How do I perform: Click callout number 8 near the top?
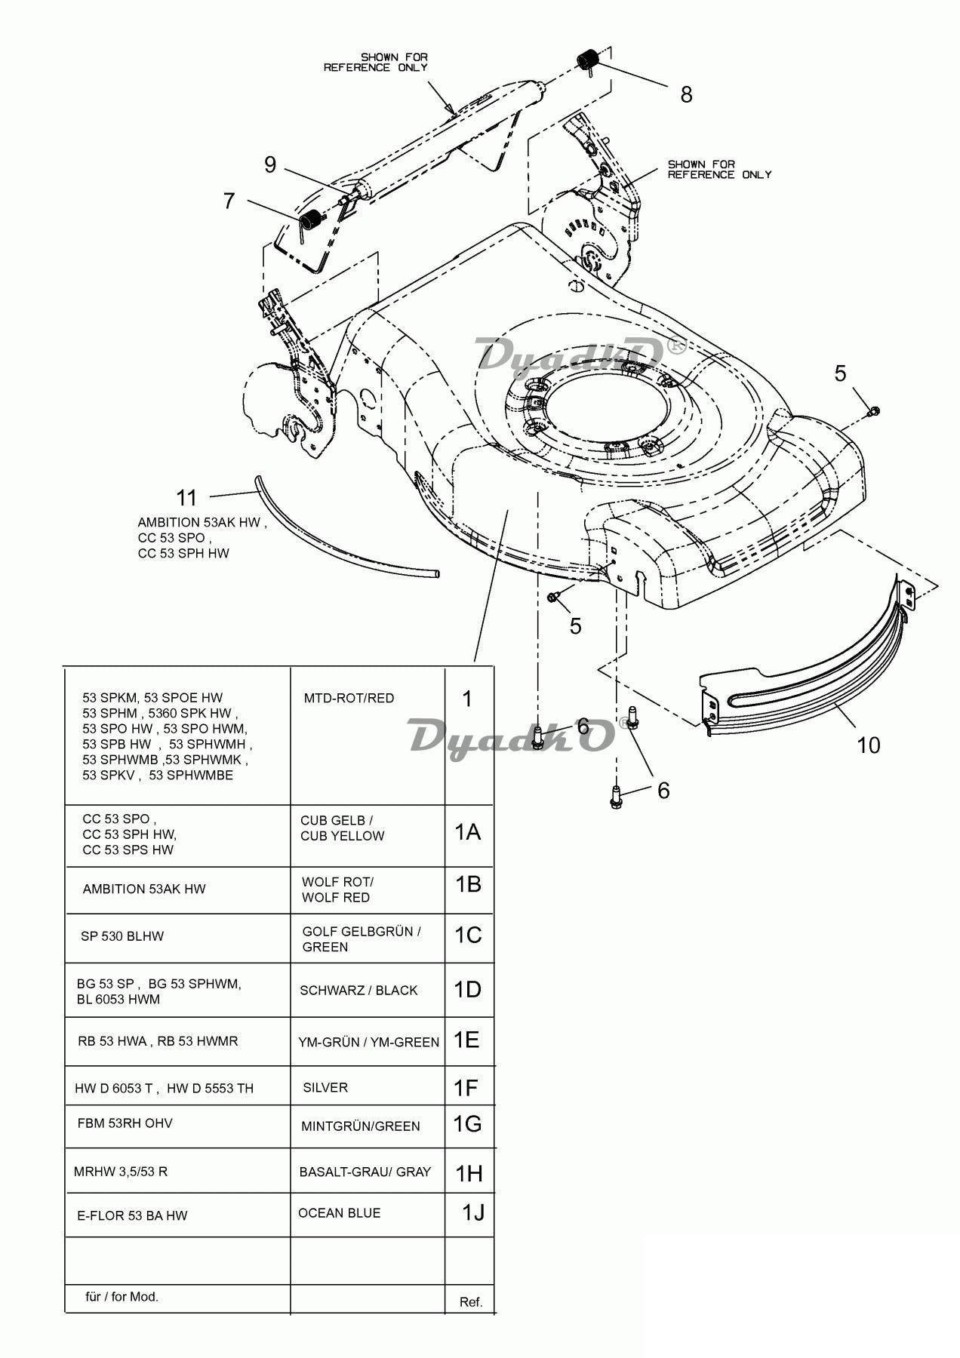click(x=686, y=94)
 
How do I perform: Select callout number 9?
click(x=270, y=164)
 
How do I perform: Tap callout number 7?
click(x=229, y=201)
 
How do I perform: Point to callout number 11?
click(x=186, y=498)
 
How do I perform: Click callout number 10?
click(x=869, y=745)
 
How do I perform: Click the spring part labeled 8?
click(x=588, y=60)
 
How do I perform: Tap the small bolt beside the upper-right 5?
click(x=875, y=411)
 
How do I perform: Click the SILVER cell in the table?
click(x=368, y=1086)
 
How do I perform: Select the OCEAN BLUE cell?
click(x=368, y=1214)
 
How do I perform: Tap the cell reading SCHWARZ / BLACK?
click(x=368, y=990)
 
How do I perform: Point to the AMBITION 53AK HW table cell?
click(x=178, y=889)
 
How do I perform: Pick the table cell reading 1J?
click(x=469, y=1214)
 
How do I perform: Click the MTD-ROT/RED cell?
click(x=368, y=736)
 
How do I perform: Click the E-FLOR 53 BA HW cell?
click(x=178, y=1215)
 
